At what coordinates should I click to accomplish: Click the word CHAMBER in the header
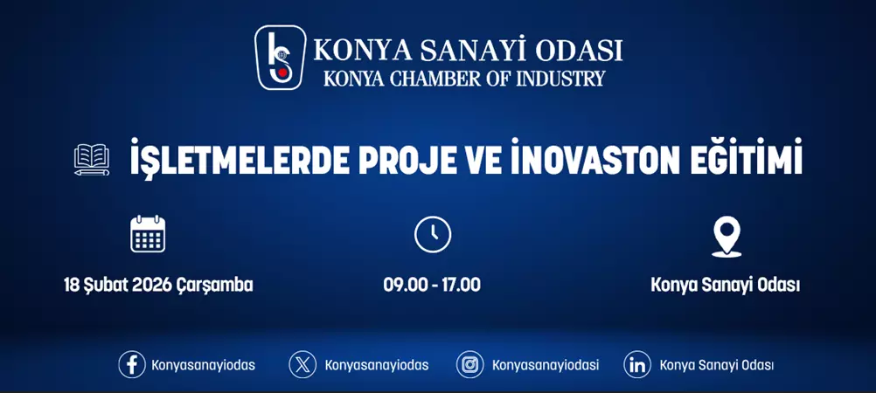point(424,79)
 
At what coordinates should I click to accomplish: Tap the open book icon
point(92,161)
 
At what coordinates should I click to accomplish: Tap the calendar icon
point(148,234)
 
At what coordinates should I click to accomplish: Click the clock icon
point(433,234)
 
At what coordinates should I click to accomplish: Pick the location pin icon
point(727,235)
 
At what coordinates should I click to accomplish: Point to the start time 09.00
point(401,286)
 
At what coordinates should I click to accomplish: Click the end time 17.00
point(462,286)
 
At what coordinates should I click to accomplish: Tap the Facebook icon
point(132,365)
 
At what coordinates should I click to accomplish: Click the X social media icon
point(302,365)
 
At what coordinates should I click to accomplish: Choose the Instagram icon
point(470,365)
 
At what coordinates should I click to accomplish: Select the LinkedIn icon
point(637,365)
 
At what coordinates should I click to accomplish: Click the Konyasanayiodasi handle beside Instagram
point(546,365)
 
